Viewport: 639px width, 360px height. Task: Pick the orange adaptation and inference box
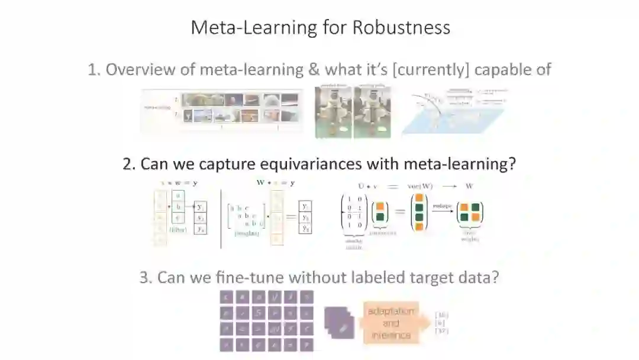tap(390, 323)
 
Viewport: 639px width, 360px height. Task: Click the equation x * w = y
tap(182, 182)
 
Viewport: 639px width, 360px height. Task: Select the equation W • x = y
tap(276, 182)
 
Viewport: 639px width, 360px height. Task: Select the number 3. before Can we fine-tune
tap(146, 277)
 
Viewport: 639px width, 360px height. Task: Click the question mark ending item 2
tap(512, 164)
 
